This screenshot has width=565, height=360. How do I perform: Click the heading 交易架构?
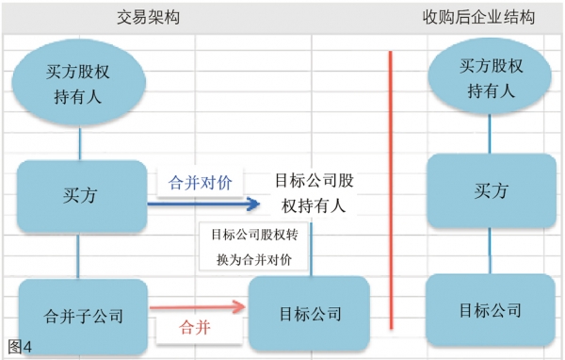(x=149, y=17)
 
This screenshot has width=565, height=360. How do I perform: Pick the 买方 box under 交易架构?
(x=82, y=196)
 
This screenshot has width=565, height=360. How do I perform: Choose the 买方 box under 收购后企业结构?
(x=490, y=191)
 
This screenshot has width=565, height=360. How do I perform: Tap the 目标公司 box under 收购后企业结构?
(x=490, y=310)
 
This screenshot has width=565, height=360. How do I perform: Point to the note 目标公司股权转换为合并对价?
(x=253, y=247)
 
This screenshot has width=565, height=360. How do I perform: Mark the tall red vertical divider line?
(x=389, y=188)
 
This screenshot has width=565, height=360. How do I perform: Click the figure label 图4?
(x=19, y=347)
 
